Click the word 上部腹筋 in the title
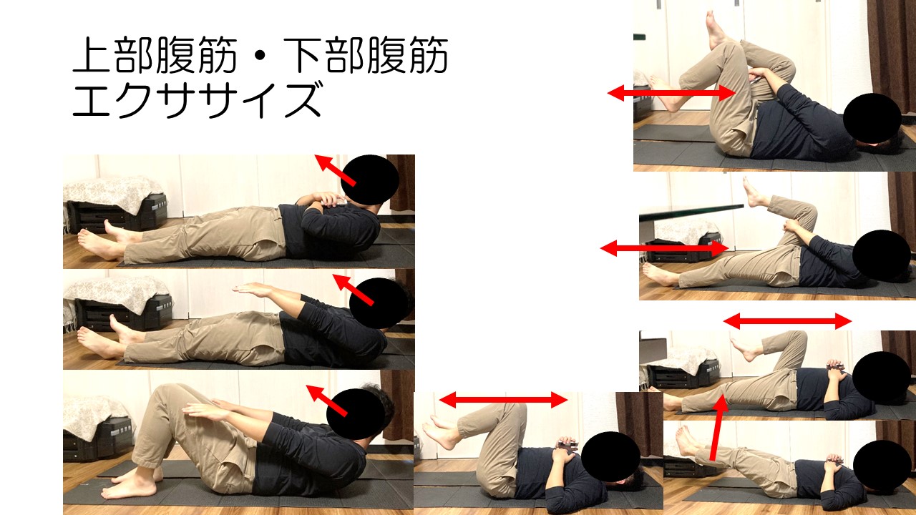click(155, 55)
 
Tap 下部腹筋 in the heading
click(366, 55)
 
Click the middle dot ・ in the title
click(260, 56)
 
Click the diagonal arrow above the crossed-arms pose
click(336, 170)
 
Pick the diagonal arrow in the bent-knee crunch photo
click(327, 400)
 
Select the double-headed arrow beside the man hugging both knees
click(671, 93)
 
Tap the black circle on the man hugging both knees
click(872, 118)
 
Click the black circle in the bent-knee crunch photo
click(356, 413)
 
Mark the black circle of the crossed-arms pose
click(370, 180)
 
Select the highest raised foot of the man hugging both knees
click(715, 29)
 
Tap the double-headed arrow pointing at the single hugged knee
click(665, 248)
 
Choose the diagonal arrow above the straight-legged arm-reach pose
click(354, 290)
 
